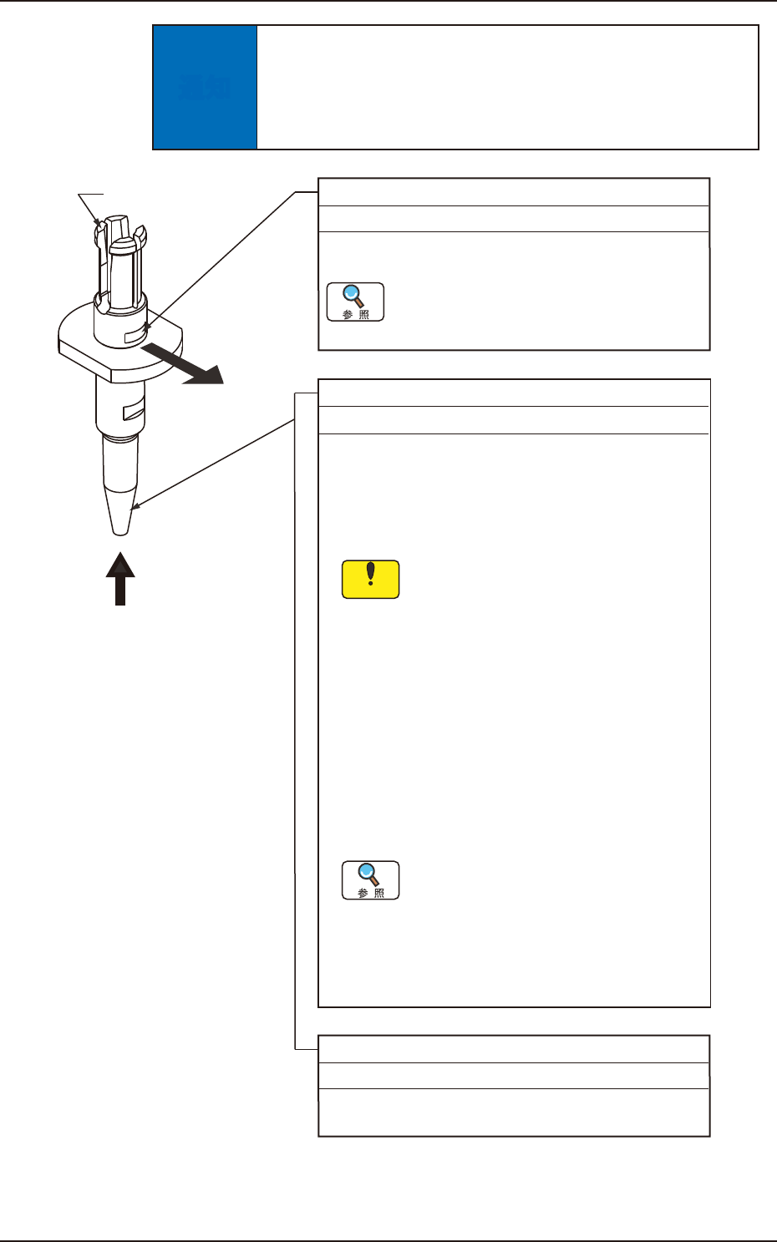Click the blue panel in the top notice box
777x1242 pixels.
[x=205, y=88]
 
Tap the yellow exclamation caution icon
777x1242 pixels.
[x=371, y=579]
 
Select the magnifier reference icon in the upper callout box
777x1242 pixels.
[x=355, y=302]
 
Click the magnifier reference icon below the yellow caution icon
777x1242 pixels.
[x=371, y=880]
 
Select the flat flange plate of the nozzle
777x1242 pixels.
[x=84, y=343]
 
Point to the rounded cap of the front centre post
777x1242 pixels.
[x=122, y=245]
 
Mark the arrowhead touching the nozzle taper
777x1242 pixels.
[x=135, y=505]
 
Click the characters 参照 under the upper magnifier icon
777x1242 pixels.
[x=355, y=315]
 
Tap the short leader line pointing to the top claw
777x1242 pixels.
[x=90, y=205]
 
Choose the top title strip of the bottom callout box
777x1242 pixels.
[x=514, y=1049]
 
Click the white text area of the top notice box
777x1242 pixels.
[x=507, y=88]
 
